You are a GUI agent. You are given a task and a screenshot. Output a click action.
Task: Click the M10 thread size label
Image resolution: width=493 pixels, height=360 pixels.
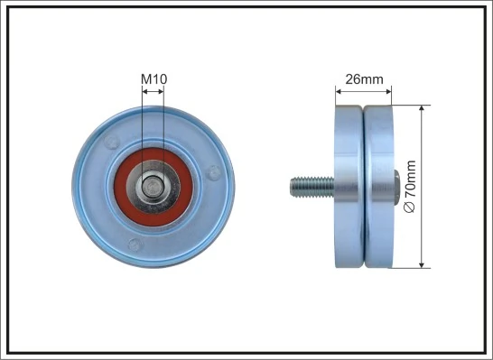point(153,79)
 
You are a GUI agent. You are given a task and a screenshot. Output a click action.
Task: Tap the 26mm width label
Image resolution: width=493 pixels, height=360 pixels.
point(365,79)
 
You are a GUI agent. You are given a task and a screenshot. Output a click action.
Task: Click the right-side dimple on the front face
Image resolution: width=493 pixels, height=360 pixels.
point(212,171)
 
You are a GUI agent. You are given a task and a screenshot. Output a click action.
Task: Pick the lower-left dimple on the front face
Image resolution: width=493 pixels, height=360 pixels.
point(135,243)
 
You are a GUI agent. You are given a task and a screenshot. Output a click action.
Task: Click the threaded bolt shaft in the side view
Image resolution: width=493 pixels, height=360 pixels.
point(307,188)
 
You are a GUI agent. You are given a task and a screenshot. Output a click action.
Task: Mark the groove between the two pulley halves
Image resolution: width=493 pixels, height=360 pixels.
point(364,187)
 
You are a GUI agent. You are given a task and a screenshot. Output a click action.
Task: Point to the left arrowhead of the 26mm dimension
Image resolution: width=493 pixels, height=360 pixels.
point(340,89)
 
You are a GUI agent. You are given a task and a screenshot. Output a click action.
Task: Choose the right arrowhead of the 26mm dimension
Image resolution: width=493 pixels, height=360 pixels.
point(390,89)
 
